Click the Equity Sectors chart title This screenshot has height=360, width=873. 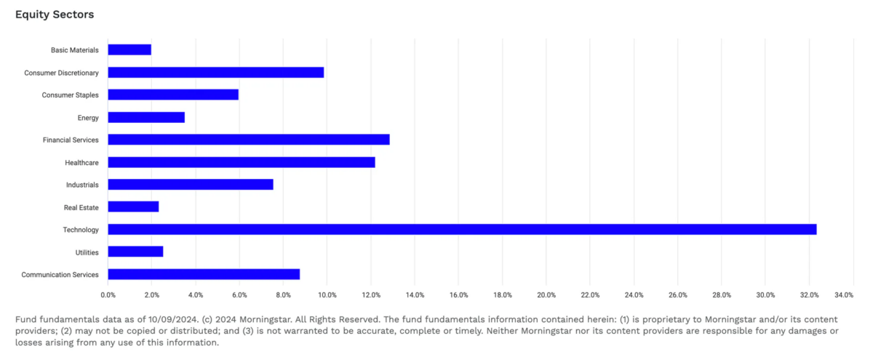click(x=55, y=15)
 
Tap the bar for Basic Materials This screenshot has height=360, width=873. click(x=129, y=49)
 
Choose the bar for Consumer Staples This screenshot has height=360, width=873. click(x=173, y=95)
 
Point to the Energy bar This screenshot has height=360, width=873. click(x=146, y=117)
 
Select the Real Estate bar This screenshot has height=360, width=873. click(x=133, y=207)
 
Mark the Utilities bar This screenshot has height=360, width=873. click(x=135, y=252)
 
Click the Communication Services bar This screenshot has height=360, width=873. click(x=204, y=274)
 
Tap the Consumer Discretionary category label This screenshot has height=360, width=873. click(x=61, y=73)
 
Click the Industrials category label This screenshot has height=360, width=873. click(x=82, y=185)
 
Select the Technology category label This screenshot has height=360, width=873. click(x=80, y=230)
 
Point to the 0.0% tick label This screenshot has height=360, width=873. click(x=108, y=295)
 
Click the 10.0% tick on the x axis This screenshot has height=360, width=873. click(x=327, y=295)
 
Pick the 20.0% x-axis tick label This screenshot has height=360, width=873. click(x=546, y=295)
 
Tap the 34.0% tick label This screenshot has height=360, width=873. click(x=844, y=295)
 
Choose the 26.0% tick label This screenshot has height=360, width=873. click(x=677, y=295)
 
